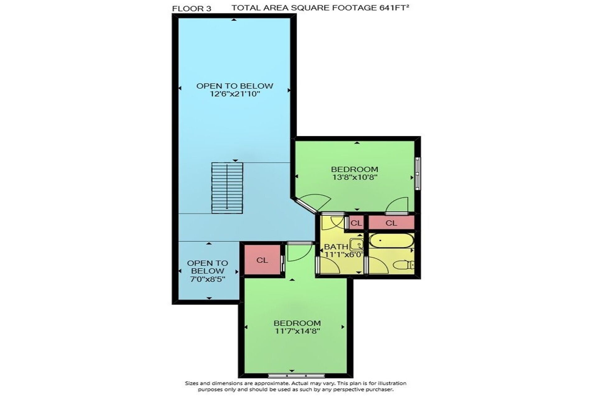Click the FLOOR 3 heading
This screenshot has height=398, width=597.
192,9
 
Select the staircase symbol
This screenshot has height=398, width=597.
227,188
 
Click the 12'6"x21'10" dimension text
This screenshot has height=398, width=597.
235,94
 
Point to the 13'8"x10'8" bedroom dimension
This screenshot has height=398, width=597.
355,177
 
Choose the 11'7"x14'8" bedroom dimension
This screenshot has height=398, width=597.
298,331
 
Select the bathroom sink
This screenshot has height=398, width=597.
357,245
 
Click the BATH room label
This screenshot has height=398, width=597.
336,247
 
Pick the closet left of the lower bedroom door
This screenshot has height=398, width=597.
262,260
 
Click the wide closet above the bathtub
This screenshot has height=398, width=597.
391,223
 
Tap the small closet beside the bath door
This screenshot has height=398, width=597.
356,223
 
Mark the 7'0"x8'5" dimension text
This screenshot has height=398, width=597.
207,279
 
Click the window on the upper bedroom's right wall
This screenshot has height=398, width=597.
418,174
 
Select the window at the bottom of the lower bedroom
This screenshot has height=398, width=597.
296,375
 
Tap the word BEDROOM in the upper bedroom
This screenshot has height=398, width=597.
354,169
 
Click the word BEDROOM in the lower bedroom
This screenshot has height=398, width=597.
297,323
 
